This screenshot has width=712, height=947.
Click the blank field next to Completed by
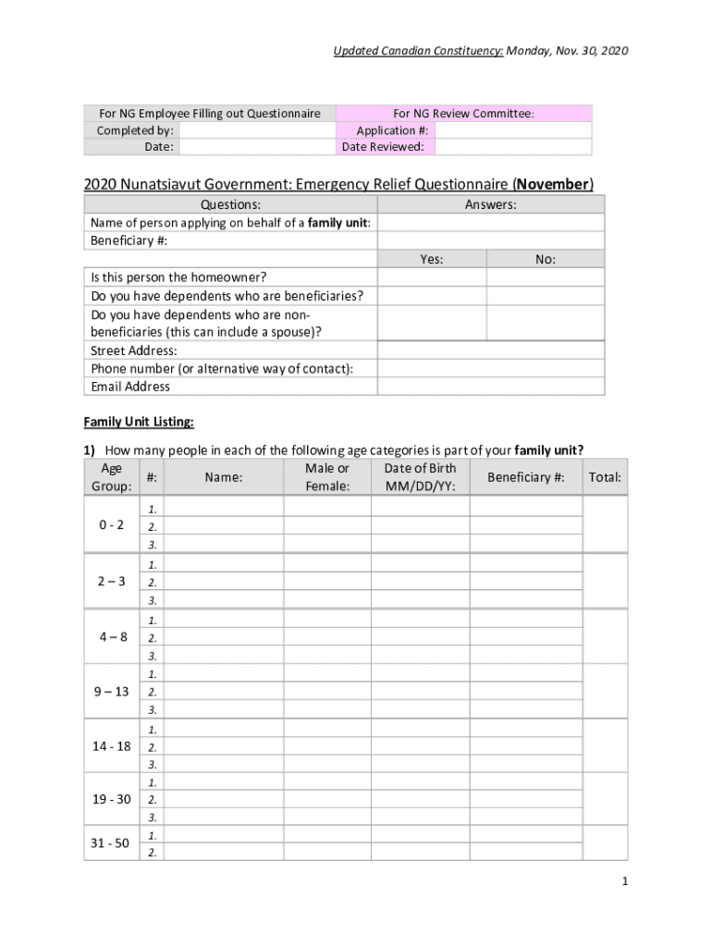click(x=254, y=130)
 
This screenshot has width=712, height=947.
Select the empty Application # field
click(x=512, y=130)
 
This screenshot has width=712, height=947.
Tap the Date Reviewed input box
click(x=512, y=146)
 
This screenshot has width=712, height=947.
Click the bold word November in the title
click(x=552, y=184)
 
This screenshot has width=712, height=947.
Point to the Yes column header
click(x=432, y=260)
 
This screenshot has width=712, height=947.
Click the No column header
click(x=546, y=260)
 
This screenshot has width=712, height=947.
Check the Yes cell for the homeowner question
click(x=432, y=277)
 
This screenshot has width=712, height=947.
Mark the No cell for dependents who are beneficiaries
click(x=546, y=296)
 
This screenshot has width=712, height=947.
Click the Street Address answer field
click(x=491, y=351)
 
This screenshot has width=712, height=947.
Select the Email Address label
click(x=130, y=387)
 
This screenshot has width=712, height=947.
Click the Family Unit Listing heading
click(x=139, y=422)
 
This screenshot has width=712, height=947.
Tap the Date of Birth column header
click(x=420, y=477)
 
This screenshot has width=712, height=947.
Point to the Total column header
click(x=605, y=477)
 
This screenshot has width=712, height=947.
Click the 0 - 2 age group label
click(x=112, y=525)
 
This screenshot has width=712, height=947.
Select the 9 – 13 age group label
click(x=112, y=691)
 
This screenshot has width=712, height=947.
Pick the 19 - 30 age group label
click(x=112, y=800)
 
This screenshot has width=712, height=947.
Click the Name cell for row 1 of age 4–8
click(x=224, y=621)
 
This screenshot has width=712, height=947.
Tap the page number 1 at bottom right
click(x=625, y=882)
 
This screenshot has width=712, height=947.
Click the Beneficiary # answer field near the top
click(x=491, y=241)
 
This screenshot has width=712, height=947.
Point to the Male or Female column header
click(x=327, y=477)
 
